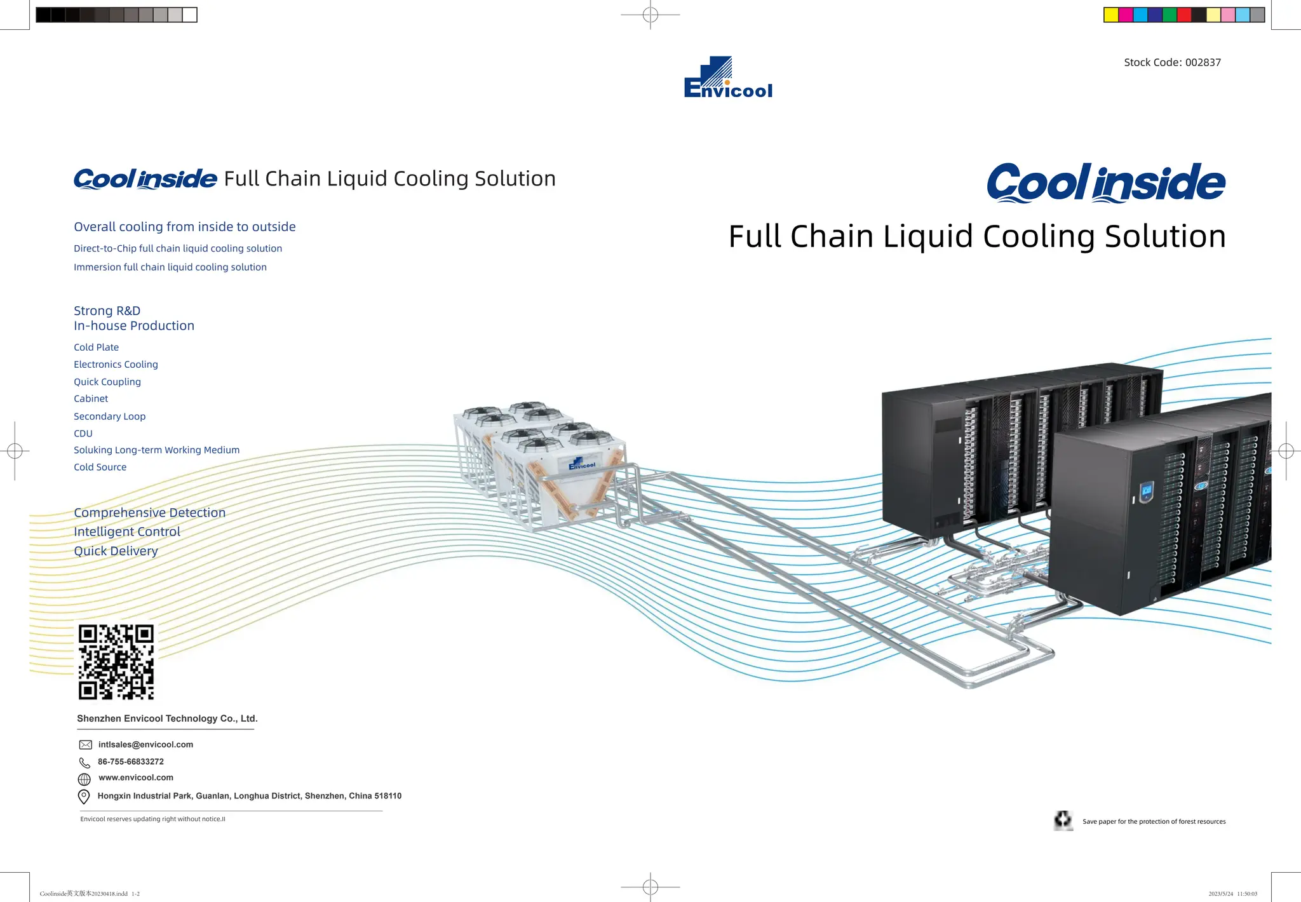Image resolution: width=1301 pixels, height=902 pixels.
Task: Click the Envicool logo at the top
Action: pos(728,77)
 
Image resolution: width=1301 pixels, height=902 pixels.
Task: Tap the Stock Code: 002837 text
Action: pos(1172,62)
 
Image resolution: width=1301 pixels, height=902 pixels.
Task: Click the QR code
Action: pos(116,661)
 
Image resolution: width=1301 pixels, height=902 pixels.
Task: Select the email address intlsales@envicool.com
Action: pos(145,744)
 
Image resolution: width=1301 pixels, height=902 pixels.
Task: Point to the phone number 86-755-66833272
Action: pos(131,762)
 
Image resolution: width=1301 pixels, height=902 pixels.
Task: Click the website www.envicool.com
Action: pos(136,777)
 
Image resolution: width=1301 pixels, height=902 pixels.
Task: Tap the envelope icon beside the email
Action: pos(85,744)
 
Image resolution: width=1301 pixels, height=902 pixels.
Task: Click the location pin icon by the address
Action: pos(84,797)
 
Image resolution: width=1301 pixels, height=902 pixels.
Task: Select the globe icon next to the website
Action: pos(84,779)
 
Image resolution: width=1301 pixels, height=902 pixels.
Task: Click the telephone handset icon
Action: pos(84,762)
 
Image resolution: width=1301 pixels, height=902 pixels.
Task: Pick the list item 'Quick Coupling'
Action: pos(107,382)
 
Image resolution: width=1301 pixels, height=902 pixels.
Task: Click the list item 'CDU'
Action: pos(83,433)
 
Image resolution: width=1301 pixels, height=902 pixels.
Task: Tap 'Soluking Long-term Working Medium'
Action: pos(156,450)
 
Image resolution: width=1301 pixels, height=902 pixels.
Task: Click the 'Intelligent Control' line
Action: pos(127,532)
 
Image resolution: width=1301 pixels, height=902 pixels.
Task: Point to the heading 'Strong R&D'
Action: pos(107,311)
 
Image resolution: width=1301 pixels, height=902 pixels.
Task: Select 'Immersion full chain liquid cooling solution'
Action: pos(170,267)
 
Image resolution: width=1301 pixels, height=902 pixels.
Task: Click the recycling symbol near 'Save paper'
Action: pos(1063,820)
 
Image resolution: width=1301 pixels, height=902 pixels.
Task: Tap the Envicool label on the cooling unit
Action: pos(582,464)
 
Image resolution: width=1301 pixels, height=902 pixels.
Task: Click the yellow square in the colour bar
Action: pos(1111,15)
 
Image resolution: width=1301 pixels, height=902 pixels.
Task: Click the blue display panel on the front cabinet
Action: pos(1147,490)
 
